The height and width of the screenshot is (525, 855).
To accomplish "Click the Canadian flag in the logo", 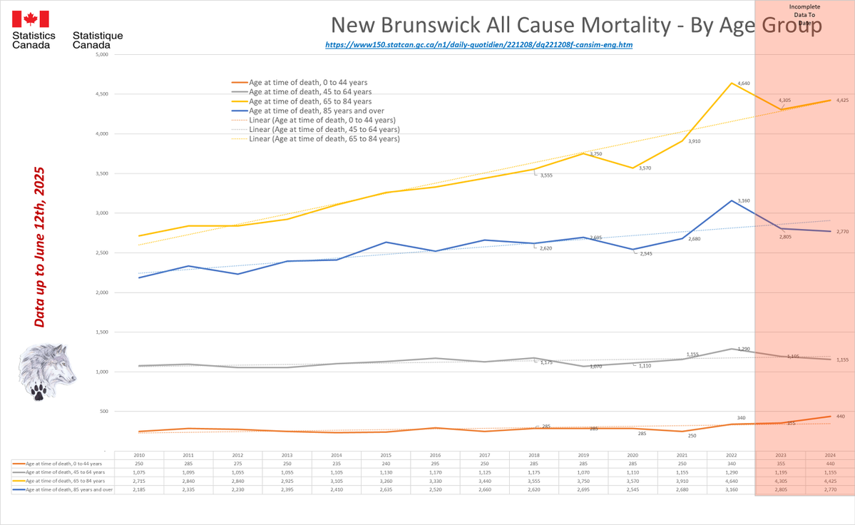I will coord(30,19).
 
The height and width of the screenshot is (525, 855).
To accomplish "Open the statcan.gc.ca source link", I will coord(478,44).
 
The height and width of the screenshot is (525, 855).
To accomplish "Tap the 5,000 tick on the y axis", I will coord(101,54).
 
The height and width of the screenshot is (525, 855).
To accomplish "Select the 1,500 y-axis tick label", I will coord(101,332).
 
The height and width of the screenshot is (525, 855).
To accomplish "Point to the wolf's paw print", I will coord(39,390).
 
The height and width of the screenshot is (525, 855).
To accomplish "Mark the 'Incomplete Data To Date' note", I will coord(804,14).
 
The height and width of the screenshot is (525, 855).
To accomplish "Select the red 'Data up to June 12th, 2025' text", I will coord(40,248).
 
